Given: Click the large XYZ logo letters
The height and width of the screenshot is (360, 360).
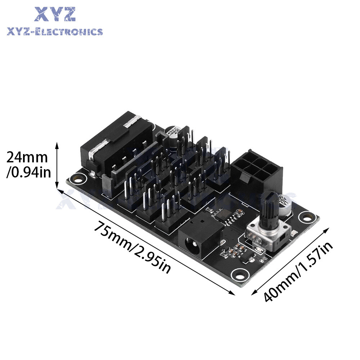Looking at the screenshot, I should point(55,14).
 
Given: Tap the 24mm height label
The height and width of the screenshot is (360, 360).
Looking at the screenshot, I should point(27,158).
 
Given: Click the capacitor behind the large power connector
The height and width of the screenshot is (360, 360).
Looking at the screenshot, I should point(173,134).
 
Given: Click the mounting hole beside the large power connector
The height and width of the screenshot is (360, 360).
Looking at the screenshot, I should point(77,177).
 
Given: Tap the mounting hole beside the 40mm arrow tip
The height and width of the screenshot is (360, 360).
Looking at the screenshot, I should point(306,217).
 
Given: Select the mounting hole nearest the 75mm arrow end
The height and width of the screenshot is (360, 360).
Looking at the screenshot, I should point(238,275).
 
